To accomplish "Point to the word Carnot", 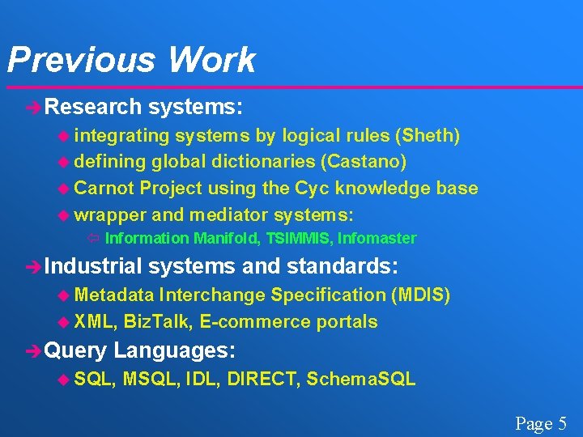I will pos(104,189).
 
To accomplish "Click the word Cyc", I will pos(310,189).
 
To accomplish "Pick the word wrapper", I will pos(109,215).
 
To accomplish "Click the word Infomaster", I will pos(377,238).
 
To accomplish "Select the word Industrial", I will pos(93,266).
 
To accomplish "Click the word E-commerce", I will pos(254,321).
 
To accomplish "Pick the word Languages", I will pos(175,350).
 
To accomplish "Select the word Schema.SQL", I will pos(361,379).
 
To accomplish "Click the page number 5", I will pos(562,423).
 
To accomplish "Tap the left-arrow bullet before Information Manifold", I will pos(93,238).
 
